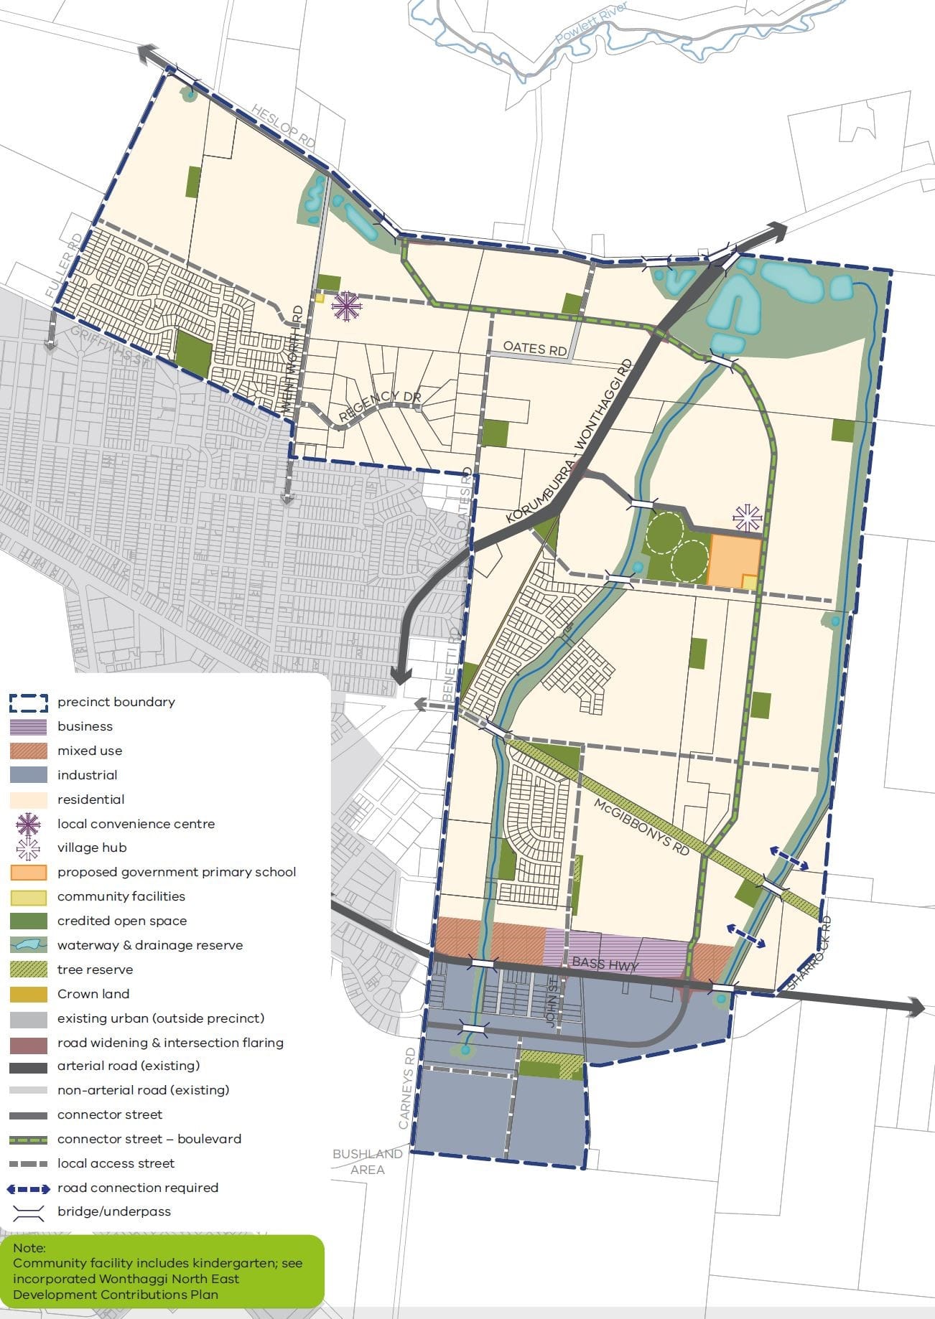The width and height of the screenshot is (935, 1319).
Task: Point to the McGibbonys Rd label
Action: tap(641, 826)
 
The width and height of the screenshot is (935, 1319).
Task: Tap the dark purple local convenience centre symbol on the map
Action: tap(346, 306)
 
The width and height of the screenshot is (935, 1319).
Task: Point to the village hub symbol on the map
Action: tap(747, 517)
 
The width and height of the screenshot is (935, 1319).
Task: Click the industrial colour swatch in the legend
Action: tap(29, 775)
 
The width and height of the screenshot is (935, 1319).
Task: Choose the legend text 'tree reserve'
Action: tap(95, 970)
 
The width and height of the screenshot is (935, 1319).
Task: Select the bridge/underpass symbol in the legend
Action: tap(29, 1212)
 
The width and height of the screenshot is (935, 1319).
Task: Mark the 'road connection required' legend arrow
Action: tap(29, 1188)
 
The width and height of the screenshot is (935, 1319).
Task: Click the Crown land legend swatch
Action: tap(29, 994)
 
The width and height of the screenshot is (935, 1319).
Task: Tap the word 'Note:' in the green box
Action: tap(29, 1248)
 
